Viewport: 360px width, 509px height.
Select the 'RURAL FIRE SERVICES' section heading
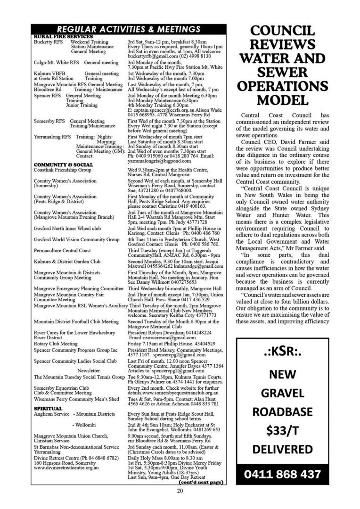(63, 36)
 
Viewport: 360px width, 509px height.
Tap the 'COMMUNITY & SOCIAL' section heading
(63, 164)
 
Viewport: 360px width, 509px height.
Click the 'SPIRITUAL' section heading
(48, 408)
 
